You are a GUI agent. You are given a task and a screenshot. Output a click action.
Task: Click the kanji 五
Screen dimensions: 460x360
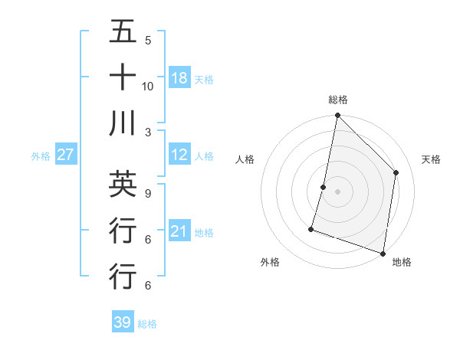pyautogui.click(x=123, y=31)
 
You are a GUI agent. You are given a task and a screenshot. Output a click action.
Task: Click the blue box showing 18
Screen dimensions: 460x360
pyautogui.click(x=179, y=77)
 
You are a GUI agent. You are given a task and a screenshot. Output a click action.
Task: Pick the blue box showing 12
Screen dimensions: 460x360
pyautogui.click(x=179, y=155)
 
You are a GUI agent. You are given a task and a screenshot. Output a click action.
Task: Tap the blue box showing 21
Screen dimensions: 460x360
pyautogui.click(x=179, y=232)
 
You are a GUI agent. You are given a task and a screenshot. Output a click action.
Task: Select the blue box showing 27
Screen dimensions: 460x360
pyautogui.click(x=65, y=155)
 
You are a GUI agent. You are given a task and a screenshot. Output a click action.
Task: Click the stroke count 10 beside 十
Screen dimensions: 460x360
pyautogui.click(x=148, y=86)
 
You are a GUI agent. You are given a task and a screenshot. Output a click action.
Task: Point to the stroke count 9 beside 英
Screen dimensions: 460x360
pyautogui.click(x=147, y=193)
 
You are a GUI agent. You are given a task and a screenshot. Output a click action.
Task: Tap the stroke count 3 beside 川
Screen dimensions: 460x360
pyautogui.click(x=147, y=132)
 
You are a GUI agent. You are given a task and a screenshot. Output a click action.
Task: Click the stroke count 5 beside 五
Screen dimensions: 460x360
pyautogui.click(x=147, y=40)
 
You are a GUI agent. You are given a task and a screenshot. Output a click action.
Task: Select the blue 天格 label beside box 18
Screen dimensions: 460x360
pyautogui.click(x=203, y=79)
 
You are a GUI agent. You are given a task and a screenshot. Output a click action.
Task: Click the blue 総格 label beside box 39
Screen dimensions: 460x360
pyautogui.click(x=146, y=324)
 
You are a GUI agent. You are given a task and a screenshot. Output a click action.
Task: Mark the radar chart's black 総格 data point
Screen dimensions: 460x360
pyautogui.click(x=337, y=116)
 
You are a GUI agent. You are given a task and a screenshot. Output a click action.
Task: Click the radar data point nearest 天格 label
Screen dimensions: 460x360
pyautogui.click(x=396, y=172)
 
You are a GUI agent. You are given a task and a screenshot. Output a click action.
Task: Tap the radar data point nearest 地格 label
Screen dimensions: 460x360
pyautogui.click(x=383, y=253)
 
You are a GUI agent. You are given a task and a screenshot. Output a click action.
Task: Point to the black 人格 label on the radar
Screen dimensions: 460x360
pyautogui.click(x=245, y=160)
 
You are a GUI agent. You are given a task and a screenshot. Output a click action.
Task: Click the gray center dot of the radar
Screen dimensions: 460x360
pyautogui.click(x=337, y=191)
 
